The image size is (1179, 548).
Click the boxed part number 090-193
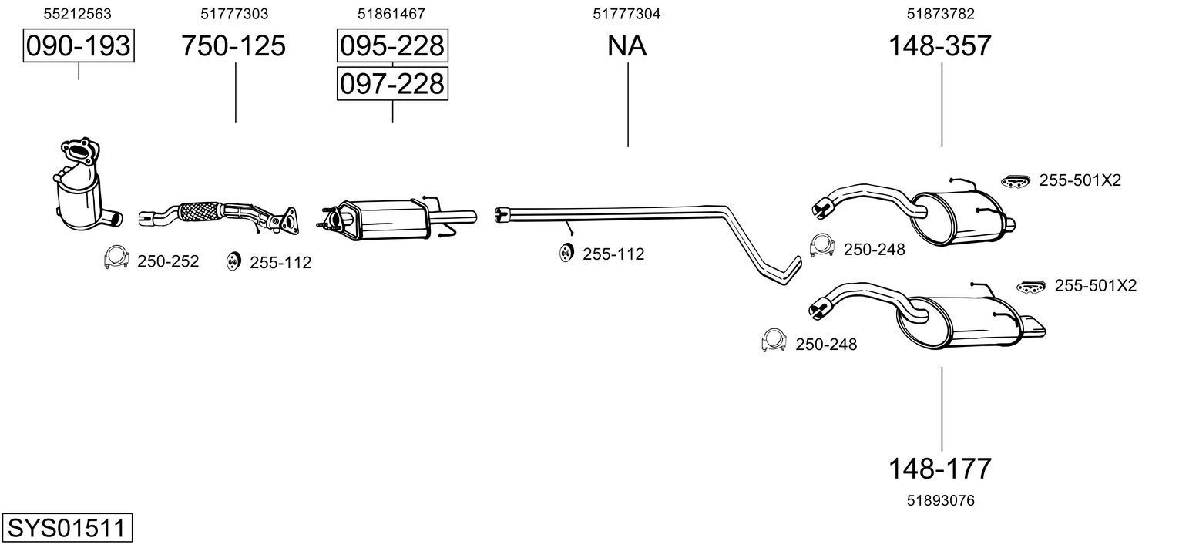coord(79,46)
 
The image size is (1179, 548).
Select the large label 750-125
coord(233,46)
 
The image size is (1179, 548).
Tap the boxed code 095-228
coord(392,46)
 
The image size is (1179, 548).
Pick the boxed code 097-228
coord(392,83)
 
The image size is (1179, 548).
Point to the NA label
coord(626,46)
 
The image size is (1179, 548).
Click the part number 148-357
coord(940,46)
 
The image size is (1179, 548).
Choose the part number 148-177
coord(940,468)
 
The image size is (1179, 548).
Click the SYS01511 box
coord(66,529)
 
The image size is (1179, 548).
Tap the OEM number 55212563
coord(77,14)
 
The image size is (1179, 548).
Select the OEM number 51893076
coord(940,501)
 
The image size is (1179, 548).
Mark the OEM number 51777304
coord(626,14)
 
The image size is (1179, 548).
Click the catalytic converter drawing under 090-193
coord(81,189)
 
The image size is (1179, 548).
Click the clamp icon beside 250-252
coord(116,258)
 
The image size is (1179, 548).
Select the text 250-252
coord(168,261)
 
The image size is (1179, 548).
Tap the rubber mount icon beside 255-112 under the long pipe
coord(566,252)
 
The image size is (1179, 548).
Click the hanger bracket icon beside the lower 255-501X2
coord(1032,286)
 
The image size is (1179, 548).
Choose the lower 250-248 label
coord(825,345)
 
